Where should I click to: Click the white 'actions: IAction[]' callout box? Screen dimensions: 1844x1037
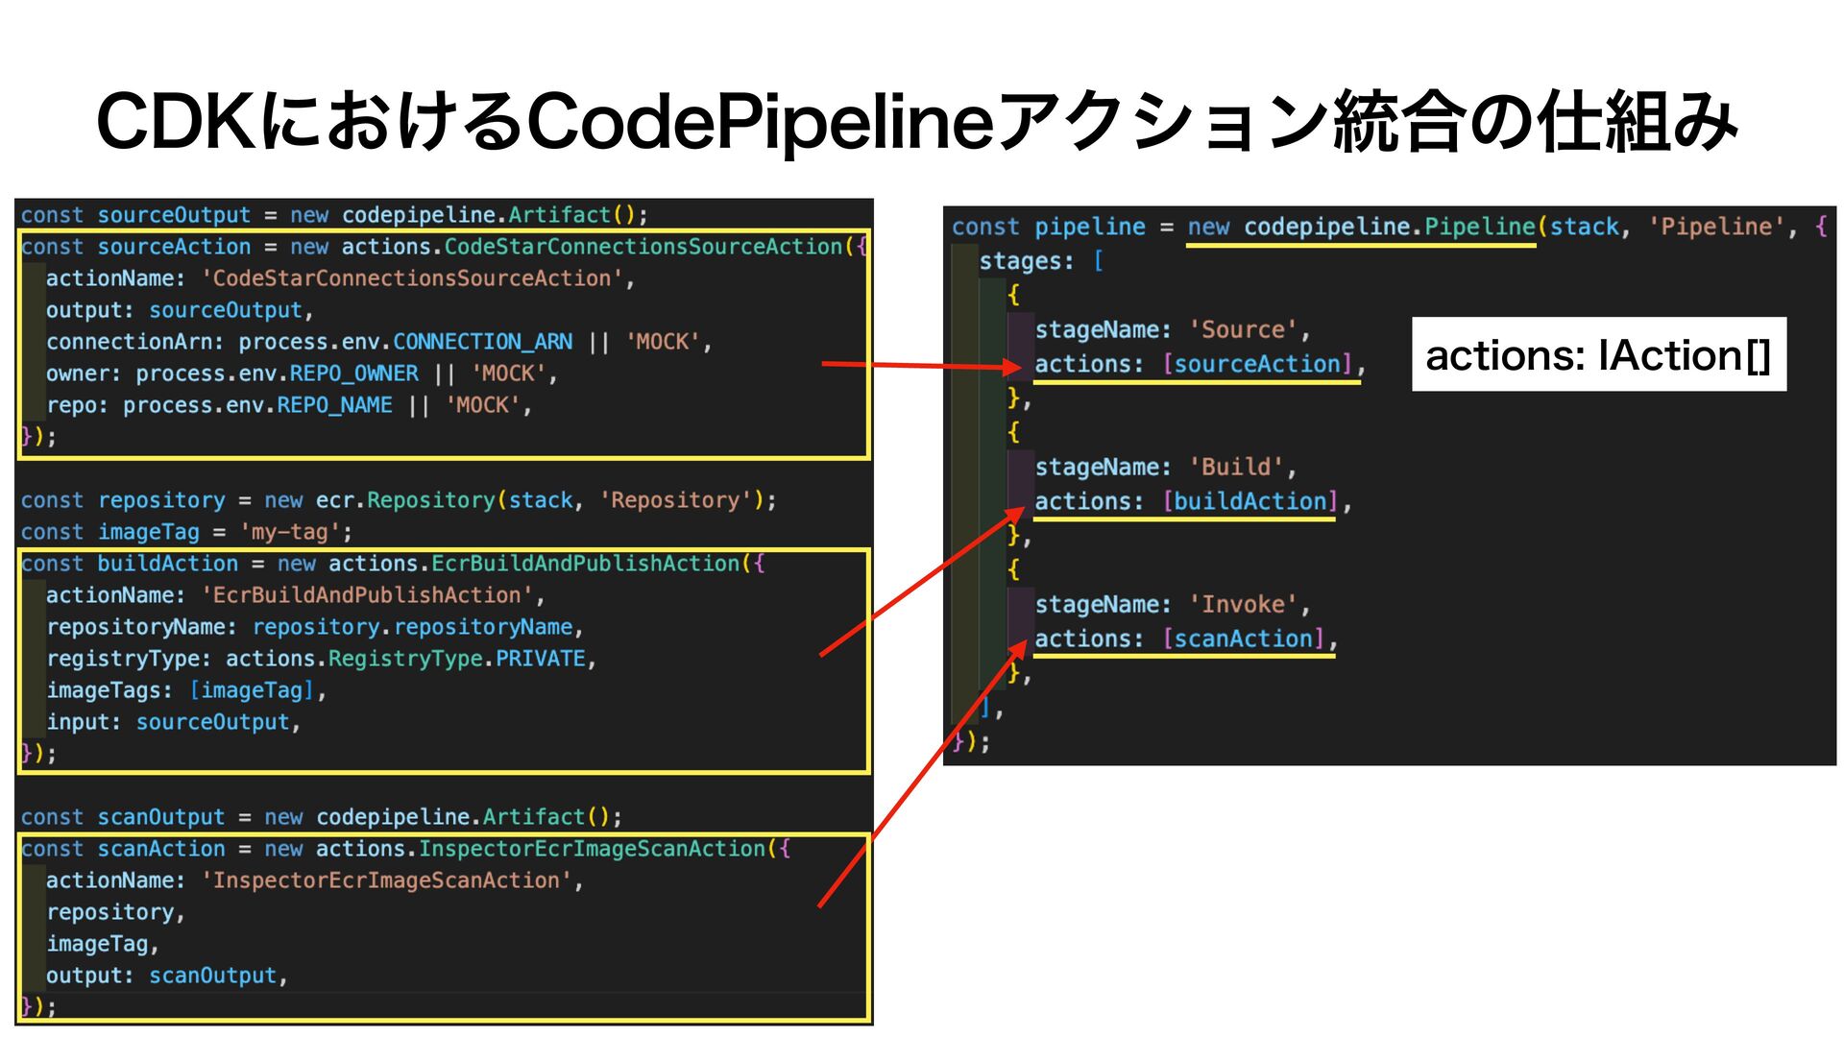[1598, 355]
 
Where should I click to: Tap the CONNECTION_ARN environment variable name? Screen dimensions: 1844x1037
[482, 342]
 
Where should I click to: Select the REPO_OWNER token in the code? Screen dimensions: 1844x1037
[353, 374]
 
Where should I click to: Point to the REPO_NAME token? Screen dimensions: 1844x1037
[334, 405]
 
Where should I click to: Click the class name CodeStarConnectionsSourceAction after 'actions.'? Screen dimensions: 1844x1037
[643, 247]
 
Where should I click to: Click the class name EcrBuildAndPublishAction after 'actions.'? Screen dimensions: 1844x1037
[585, 564]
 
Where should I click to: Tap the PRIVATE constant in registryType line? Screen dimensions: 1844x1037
[541, 659]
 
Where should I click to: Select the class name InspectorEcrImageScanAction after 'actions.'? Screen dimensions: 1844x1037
[592, 849]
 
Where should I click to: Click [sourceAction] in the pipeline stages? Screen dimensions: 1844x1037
[1258, 365]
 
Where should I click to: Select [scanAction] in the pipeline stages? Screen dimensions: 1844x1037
[1244, 639]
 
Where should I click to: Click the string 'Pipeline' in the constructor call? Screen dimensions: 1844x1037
[1716, 228]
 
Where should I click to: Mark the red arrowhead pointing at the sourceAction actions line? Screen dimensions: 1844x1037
[1011, 367]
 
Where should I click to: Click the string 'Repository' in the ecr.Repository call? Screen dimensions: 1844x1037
[675, 500]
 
